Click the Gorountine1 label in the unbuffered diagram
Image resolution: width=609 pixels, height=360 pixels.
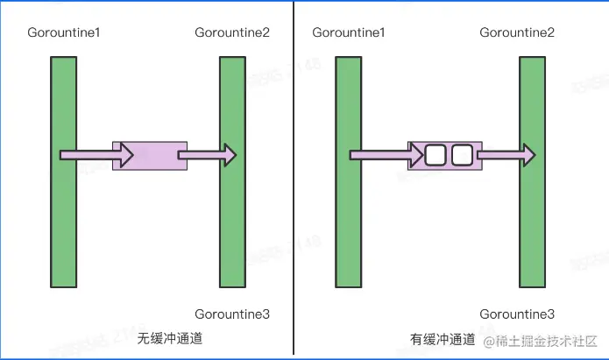click(x=63, y=32)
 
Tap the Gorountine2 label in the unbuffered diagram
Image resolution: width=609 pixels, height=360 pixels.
click(x=232, y=32)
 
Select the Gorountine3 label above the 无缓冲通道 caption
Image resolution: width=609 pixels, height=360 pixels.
click(x=232, y=314)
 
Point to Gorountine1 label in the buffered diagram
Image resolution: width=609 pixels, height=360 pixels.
click(x=349, y=32)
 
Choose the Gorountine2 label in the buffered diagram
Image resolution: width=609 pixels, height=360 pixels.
click(x=517, y=32)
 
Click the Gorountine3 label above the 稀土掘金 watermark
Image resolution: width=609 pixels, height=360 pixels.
click(x=517, y=314)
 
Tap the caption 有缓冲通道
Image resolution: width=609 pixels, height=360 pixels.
click(x=443, y=339)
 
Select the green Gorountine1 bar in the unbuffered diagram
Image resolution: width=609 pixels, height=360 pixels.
click(x=64, y=172)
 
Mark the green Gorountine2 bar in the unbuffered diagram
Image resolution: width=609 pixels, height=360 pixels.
click(x=232, y=172)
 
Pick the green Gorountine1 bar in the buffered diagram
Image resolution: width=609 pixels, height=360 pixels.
click(x=349, y=172)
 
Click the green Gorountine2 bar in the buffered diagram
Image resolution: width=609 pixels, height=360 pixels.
click(x=532, y=172)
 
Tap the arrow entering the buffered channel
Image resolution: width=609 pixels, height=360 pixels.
click(x=386, y=155)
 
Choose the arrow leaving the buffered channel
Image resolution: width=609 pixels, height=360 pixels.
click(x=506, y=155)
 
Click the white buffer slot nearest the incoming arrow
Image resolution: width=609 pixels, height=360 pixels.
click(x=436, y=156)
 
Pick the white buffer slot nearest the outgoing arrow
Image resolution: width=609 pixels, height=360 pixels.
click(x=462, y=156)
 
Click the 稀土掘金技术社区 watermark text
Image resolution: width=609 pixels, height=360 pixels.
click(x=542, y=340)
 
